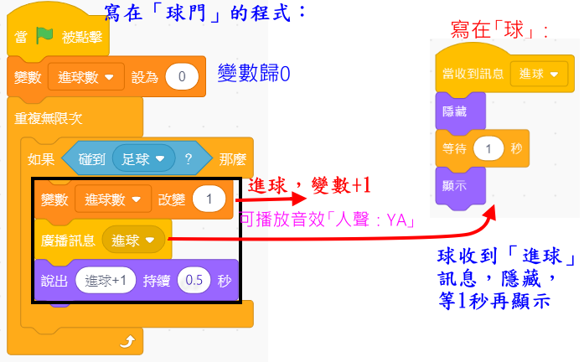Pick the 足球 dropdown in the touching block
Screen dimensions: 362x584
point(143,158)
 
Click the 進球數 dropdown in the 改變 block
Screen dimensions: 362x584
point(112,200)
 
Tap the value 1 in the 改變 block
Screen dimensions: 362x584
point(209,200)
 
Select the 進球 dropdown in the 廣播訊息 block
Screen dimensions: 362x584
point(130,240)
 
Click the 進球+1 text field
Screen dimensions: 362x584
point(106,281)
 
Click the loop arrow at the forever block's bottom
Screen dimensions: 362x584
point(127,341)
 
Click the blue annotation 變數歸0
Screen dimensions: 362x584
point(253,74)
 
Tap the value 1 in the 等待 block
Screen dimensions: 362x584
point(487,148)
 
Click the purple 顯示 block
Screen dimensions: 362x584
point(453,184)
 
